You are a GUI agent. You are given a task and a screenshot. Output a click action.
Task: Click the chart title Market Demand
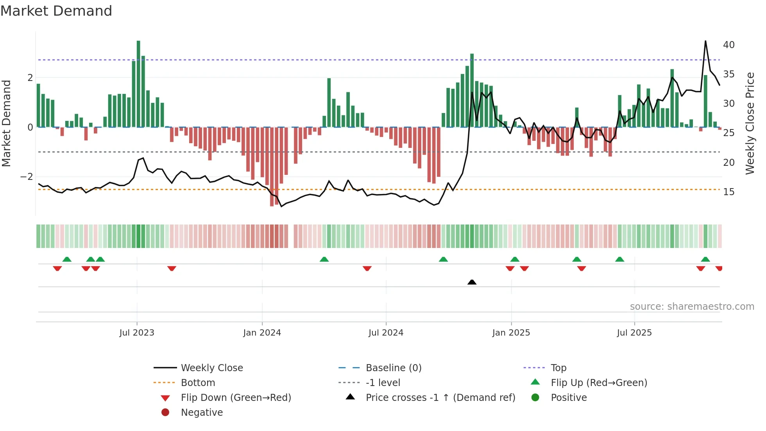(56, 11)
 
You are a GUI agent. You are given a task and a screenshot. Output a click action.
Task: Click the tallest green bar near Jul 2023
(138, 84)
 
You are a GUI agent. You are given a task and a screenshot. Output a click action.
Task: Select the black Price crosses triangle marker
(472, 282)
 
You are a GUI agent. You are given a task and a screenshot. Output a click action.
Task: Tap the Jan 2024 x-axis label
(262, 333)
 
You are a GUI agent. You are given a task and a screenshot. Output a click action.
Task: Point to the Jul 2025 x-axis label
(634, 333)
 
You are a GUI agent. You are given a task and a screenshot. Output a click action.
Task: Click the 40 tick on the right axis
(728, 45)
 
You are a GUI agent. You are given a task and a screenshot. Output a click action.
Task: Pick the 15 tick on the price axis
(728, 192)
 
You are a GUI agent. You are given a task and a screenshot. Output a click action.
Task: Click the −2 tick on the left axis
(27, 177)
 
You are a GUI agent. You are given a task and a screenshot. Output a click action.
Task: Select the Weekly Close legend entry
(211, 368)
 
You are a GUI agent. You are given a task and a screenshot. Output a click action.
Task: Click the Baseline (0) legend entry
(393, 368)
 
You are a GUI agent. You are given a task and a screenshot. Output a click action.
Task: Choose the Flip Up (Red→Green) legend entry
(599, 383)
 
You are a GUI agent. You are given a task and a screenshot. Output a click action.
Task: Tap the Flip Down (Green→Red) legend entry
(236, 398)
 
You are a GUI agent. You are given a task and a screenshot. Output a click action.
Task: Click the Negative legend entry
(202, 413)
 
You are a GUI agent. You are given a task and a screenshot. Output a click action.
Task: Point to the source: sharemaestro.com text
(692, 307)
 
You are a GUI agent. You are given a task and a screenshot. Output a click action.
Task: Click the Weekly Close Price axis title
(750, 123)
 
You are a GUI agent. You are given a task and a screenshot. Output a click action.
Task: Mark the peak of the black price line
(705, 41)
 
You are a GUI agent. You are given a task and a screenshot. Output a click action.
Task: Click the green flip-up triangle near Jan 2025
(515, 259)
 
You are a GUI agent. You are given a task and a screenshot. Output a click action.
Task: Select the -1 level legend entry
(383, 383)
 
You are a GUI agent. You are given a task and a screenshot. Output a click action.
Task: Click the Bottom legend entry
(198, 383)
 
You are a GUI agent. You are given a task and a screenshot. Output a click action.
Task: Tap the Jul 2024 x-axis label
(386, 333)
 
